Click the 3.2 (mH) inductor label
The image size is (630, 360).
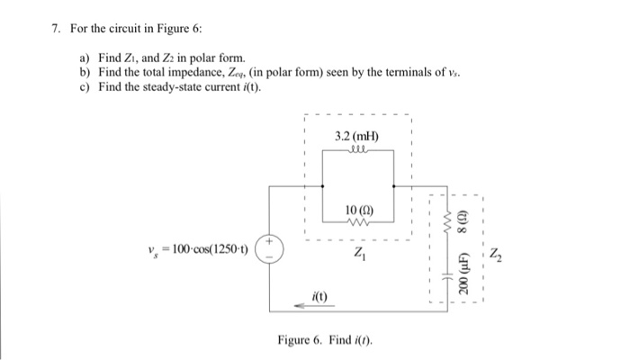click(356, 137)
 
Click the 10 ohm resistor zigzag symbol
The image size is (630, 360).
click(358, 222)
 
